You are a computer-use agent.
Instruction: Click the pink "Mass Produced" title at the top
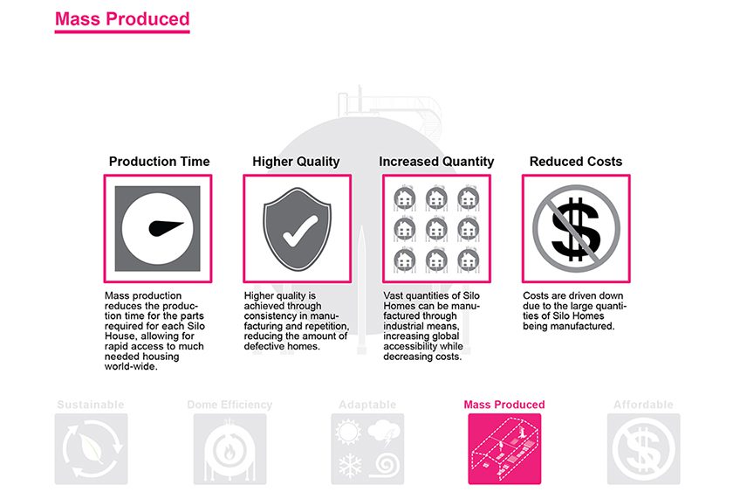(122, 18)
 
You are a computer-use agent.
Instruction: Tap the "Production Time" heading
(159, 162)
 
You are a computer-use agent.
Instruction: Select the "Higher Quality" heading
(296, 162)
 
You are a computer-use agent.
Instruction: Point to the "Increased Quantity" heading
(436, 162)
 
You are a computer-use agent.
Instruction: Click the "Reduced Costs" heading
(575, 162)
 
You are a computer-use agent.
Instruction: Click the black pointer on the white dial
(165, 228)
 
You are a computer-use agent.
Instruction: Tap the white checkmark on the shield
(299, 232)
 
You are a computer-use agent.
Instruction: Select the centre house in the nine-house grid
(436, 229)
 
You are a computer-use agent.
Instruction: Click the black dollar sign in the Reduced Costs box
(575, 229)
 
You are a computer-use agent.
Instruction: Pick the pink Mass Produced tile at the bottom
(504, 448)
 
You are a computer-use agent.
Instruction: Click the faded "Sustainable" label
(91, 405)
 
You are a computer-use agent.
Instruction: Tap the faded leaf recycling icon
(91, 448)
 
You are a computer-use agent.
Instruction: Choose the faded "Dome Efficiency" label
(229, 405)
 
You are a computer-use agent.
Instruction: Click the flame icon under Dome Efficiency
(229, 452)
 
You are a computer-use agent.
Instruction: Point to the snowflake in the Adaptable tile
(350, 465)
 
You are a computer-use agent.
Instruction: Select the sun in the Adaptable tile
(348, 432)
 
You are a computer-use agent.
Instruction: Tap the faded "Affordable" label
(643, 405)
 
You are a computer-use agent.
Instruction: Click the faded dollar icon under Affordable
(644, 448)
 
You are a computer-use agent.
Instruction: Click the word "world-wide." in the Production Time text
(131, 366)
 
